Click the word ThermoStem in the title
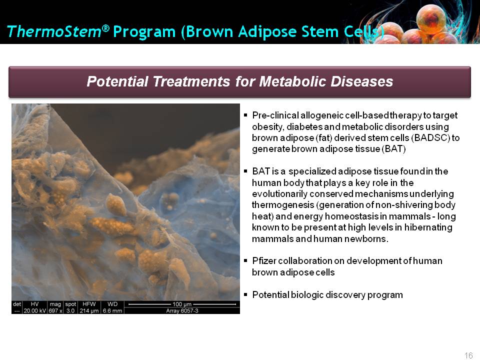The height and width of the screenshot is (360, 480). click(x=54, y=31)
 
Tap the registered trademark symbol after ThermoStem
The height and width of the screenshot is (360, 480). click(x=105, y=28)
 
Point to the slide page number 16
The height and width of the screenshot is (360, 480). click(x=468, y=355)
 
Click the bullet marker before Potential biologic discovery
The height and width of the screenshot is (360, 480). click(x=245, y=294)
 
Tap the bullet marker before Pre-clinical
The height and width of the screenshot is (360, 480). click(x=245, y=115)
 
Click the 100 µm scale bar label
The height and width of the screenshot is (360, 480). click(x=182, y=304)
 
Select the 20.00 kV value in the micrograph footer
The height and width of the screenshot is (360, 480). click(x=35, y=310)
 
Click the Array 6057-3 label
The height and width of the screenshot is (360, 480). click(x=182, y=310)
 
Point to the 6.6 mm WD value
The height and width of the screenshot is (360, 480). click(x=112, y=310)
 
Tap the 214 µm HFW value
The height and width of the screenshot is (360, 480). click(x=89, y=310)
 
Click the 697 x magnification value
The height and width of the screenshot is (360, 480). click(x=55, y=310)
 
